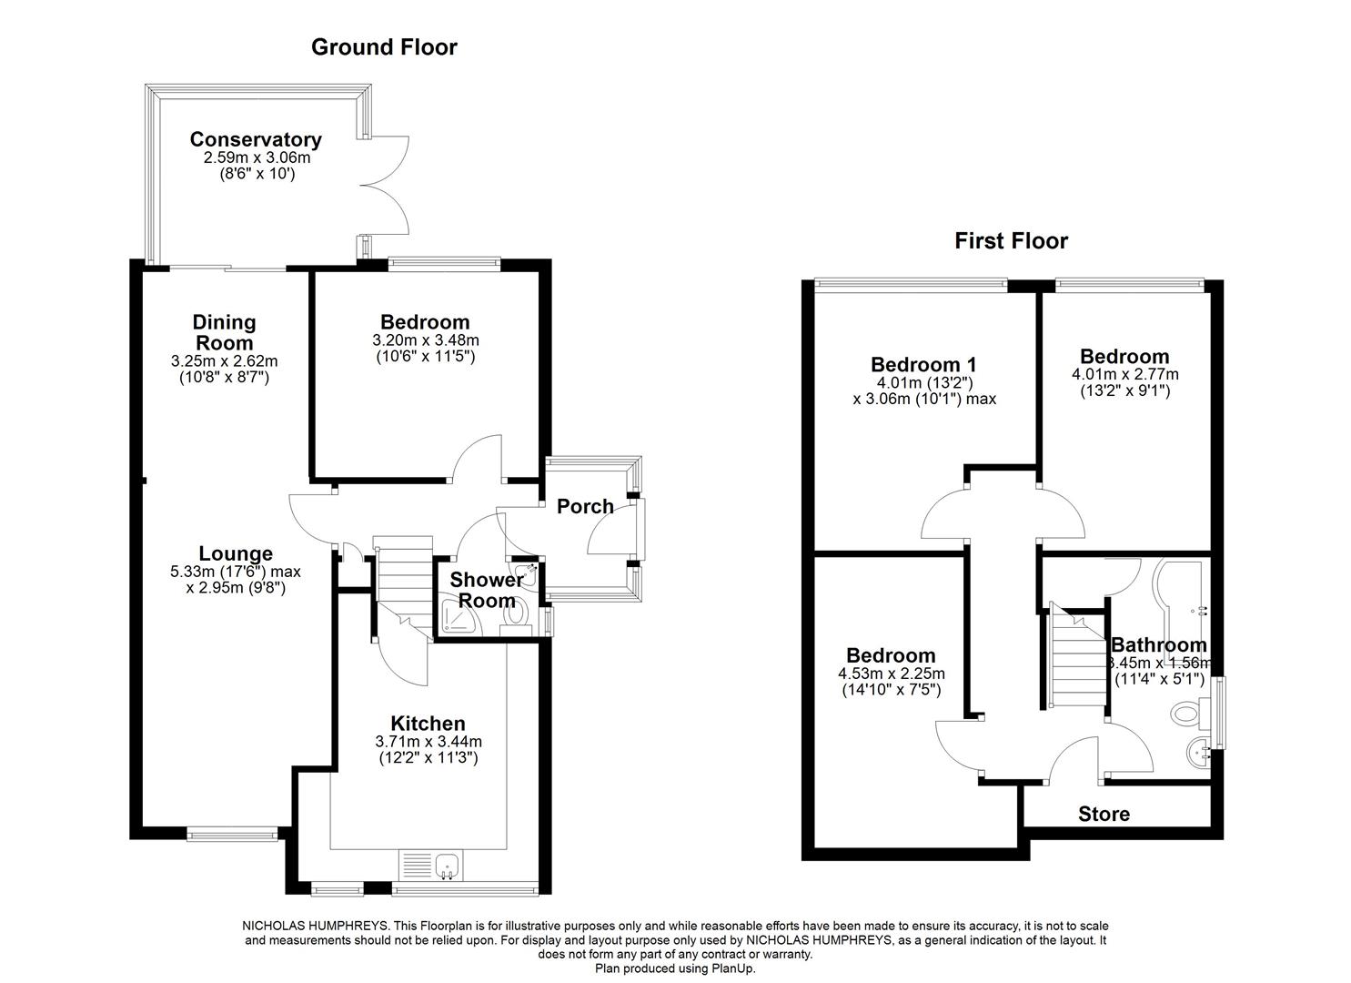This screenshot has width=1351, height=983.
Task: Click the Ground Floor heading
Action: coord(384,47)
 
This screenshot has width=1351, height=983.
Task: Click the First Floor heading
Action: coord(1011,241)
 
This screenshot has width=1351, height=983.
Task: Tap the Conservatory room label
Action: coord(255,140)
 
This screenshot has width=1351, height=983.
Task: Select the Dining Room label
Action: coord(224,332)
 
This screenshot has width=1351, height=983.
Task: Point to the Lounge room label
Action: coord(236,553)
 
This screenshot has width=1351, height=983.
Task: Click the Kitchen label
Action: coord(428,725)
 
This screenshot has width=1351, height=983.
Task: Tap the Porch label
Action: coord(585,507)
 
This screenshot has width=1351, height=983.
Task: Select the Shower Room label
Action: coord(487,590)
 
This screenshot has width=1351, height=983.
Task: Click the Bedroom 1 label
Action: coord(923,364)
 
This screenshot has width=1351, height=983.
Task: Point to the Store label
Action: coord(1104,814)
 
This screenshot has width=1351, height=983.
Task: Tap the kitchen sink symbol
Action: coord(446,866)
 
